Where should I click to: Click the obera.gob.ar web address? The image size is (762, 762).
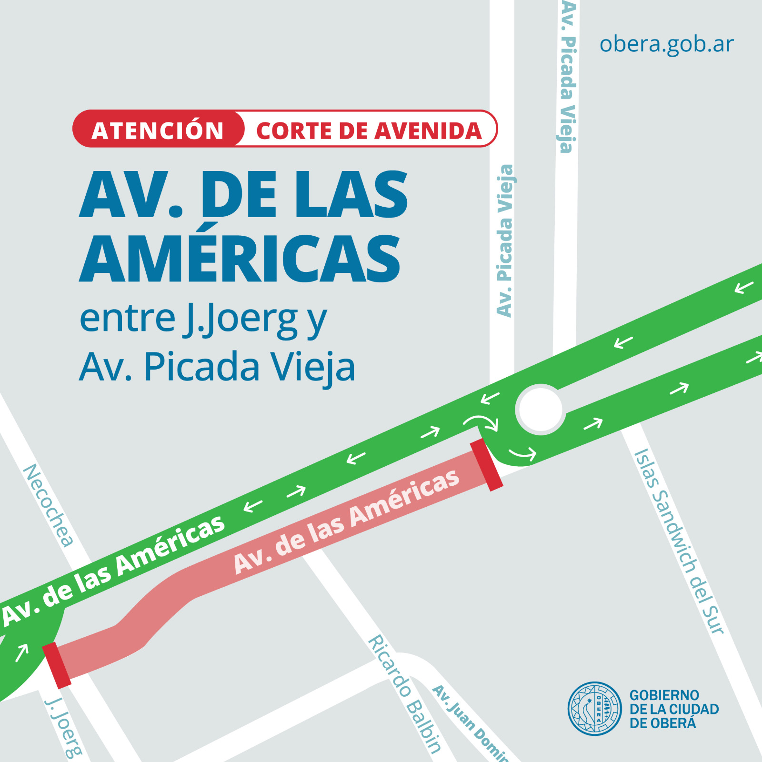pos(666,44)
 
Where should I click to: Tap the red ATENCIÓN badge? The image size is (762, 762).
pos(158,130)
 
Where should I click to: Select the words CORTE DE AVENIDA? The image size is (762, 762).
pos(369,131)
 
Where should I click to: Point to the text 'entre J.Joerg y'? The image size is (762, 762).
pos(203,319)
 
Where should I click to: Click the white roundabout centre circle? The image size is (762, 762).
pos(541,409)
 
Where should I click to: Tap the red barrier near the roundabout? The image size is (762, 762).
pos(486,465)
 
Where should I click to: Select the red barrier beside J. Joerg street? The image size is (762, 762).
pos(57,665)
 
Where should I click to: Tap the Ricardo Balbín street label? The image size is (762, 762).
pos(405,693)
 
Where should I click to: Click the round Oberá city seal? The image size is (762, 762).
pos(594,708)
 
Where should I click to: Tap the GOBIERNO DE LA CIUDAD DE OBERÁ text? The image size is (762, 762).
pos(673,709)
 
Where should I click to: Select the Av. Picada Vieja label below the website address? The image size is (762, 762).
pos(567,76)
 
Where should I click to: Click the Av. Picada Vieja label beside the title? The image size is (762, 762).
pos(505,241)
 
